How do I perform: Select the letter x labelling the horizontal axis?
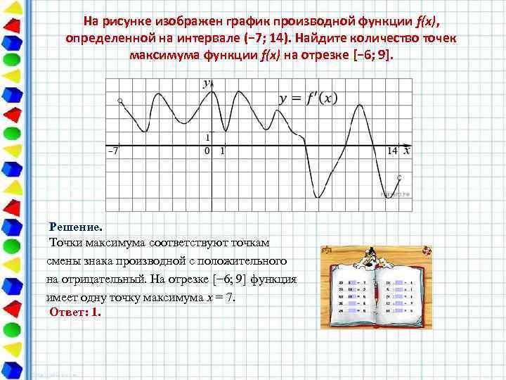point(407,151)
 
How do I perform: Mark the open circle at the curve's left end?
point(121,101)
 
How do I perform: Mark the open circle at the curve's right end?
point(399,177)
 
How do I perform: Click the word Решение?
point(75,227)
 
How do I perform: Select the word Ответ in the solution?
point(67,312)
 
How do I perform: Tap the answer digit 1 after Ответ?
point(95,312)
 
